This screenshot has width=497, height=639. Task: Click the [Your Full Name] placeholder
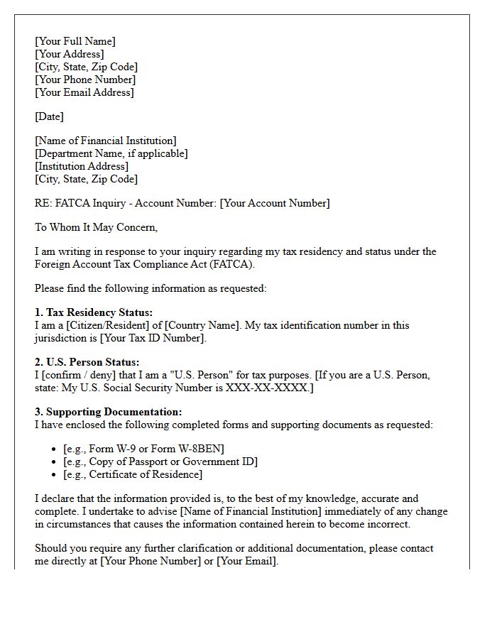(75, 41)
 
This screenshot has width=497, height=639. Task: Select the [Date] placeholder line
(49, 116)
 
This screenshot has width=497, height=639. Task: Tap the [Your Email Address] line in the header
(84, 92)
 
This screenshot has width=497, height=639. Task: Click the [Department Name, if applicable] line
(111, 153)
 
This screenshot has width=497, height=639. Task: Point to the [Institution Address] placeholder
(82, 166)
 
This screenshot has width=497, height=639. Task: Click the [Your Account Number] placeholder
(275, 203)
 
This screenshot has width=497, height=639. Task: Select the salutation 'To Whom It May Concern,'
(96, 227)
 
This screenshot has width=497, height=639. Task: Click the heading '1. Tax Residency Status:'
(94, 312)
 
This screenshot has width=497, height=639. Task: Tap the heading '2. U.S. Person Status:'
(87, 362)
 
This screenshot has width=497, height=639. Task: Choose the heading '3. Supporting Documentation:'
(108, 412)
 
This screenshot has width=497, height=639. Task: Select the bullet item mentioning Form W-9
(143, 449)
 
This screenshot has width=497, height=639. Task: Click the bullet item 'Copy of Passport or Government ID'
(160, 461)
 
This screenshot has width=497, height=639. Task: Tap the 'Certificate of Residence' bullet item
(133, 474)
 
